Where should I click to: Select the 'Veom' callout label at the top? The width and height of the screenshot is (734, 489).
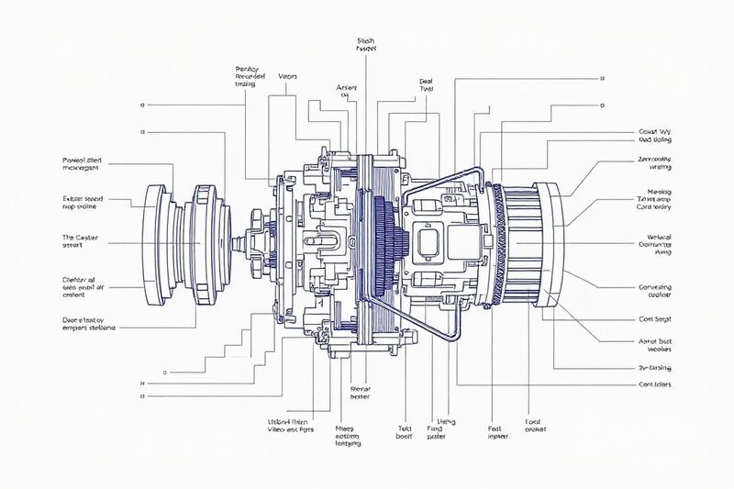(x=286, y=77)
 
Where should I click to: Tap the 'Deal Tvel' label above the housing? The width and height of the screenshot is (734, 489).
(x=426, y=86)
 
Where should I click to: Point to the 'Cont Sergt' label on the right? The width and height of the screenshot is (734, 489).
(x=655, y=320)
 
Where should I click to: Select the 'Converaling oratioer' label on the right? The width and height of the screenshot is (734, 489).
(x=654, y=291)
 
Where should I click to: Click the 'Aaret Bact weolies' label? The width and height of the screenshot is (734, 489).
(x=654, y=344)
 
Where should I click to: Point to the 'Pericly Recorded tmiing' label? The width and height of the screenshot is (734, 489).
(x=250, y=75)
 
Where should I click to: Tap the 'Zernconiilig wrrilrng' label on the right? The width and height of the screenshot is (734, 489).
(x=654, y=163)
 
